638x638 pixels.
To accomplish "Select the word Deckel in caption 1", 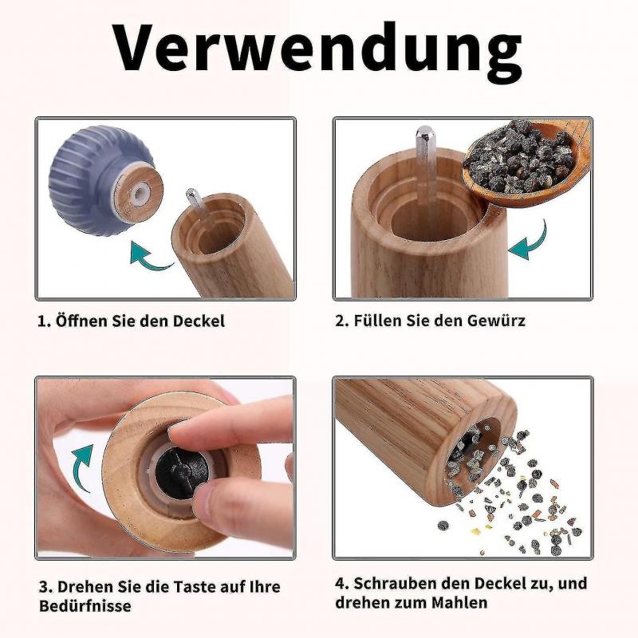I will [x=199, y=321].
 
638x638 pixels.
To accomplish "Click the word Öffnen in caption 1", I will [x=81, y=321].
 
